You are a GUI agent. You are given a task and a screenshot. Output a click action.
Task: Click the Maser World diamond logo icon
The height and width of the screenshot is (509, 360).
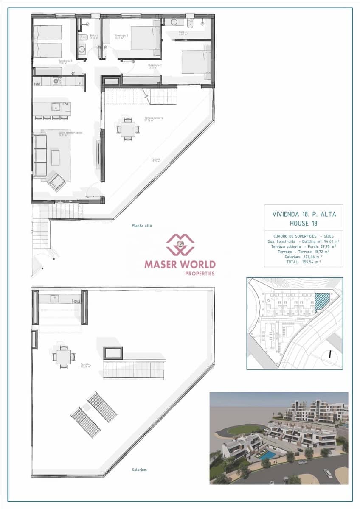pyautogui.click(x=180, y=245)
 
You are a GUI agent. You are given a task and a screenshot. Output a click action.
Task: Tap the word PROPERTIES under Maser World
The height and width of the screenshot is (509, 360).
pyautogui.click(x=200, y=274)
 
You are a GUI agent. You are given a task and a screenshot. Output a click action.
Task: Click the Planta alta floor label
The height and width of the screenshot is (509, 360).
pyautogui.click(x=142, y=226)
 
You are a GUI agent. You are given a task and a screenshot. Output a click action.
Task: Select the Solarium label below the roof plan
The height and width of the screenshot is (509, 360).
pyautogui.click(x=139, y=470)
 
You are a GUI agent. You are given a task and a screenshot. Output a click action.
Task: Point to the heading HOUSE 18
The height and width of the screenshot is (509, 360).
pyautogui.click(x=304, y=223)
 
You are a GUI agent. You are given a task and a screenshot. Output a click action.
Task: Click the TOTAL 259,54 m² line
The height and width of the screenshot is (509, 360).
pyautogui.click(x=303, y=262)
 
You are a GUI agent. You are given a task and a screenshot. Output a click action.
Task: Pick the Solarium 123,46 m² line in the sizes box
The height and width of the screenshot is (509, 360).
pyautogui.click(x=303, y=257)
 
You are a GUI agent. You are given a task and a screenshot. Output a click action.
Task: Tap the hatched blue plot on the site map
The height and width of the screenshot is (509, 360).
pyautogui.click(x=322, y=302)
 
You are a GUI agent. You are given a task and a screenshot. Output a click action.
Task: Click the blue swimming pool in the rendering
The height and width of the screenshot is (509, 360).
pyautogui.click(x=267, y=455)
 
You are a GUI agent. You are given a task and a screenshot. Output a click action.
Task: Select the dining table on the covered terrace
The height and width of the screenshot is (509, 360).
pyautogui.click(x=128, y=129)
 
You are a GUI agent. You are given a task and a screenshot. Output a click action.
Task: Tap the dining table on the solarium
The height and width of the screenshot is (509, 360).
pyautogui.click(x=64, y=357)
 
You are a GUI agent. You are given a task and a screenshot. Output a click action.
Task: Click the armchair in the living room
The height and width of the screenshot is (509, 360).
pyautogui.click(x=56, y=182)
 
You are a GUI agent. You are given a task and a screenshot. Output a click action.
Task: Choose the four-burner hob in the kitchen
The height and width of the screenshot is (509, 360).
pyautogui.click(x=58, y=81)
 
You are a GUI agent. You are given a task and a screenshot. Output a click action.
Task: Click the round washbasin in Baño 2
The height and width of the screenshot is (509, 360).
pyautogui.click(x=174, y=22)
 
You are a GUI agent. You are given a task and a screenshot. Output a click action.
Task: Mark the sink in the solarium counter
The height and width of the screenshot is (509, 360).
pyautogui.click(x=54, y=299)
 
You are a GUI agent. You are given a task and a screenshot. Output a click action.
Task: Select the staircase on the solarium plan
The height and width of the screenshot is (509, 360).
pyautogui.click(x=135, y=369)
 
